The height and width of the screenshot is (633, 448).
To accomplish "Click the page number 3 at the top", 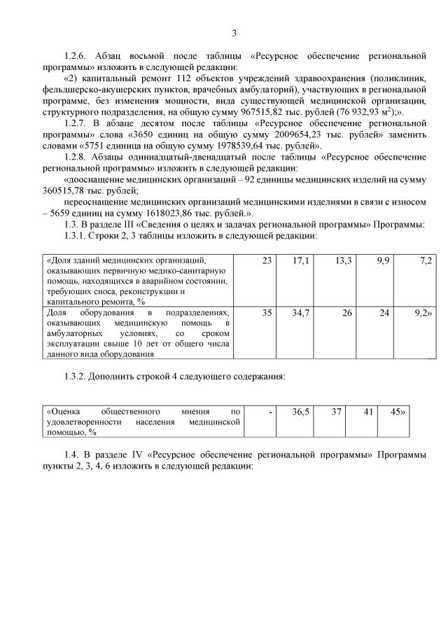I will click(x=234, y=32).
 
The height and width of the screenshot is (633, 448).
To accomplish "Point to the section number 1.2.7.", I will click(x=76, y=123).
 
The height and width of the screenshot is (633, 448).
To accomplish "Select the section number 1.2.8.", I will click(x=76, y=157).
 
